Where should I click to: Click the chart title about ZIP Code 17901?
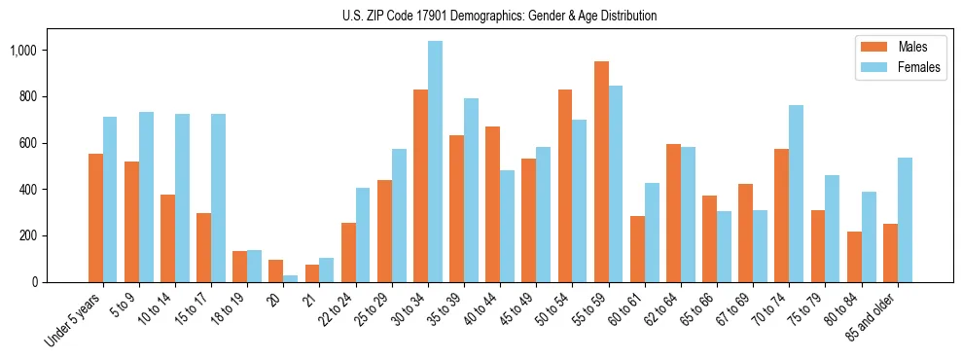tap(500, 16)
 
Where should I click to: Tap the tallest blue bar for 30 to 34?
tap(435, 162)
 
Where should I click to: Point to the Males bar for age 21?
tap(312, 273)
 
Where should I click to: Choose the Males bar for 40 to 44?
tap(493, 204)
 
